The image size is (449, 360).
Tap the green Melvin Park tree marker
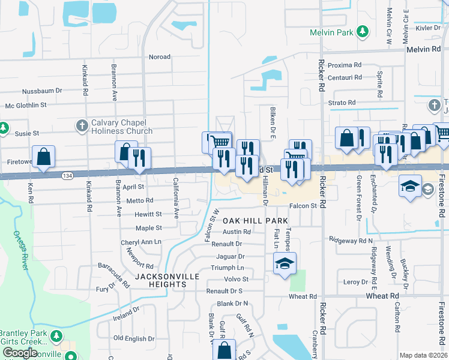pos(362,31)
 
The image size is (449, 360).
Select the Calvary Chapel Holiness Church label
pos(122,127)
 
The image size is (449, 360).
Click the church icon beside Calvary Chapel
pos(82,125)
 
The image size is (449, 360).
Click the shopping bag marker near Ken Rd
pos(44,157)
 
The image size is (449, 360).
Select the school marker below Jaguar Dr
pos(285,263)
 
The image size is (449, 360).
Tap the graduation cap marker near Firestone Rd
pos(411,185)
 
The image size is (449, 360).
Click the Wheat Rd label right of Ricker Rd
pos(385,296)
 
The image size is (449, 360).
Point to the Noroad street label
pos(160,57)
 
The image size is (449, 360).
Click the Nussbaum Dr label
pos(42,91)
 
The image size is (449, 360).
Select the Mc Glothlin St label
pos(26,105)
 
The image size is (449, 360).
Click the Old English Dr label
pos(134,338)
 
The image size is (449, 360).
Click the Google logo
pos(20,353)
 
